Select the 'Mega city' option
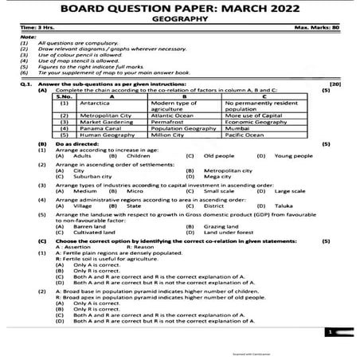click(x=217, y=176)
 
